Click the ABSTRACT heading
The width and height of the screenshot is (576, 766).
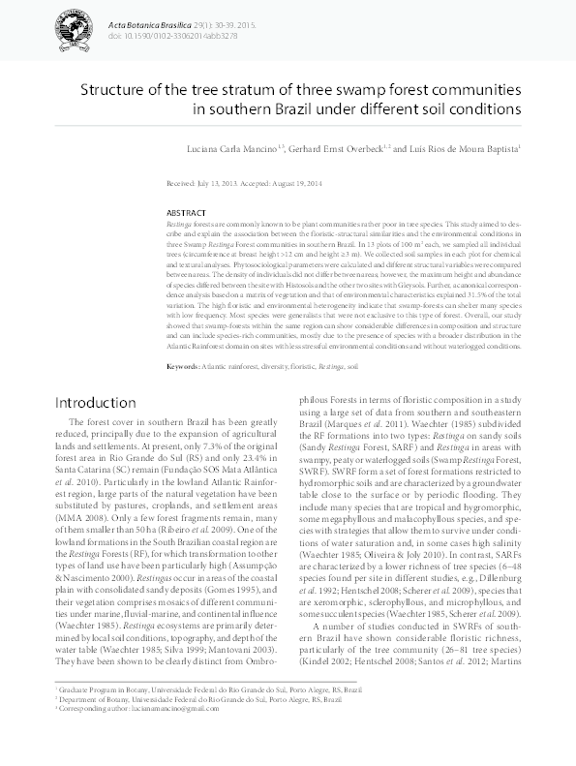pos(186,212)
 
